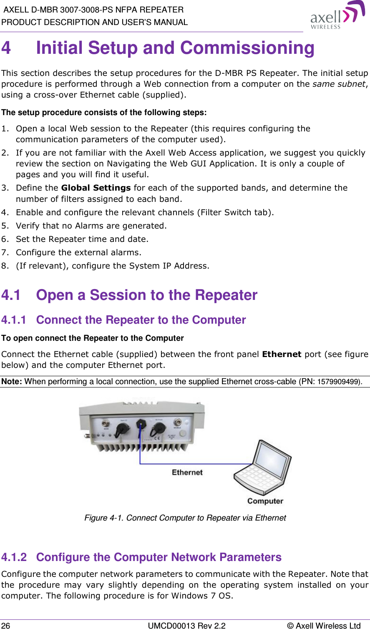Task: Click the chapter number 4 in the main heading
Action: (6, 48)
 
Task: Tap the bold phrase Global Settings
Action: (96, 188)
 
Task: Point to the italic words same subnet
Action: (339, 84)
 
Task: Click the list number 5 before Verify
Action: (5, 226)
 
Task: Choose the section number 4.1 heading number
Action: (11, 295)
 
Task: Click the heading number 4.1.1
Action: (14, 320)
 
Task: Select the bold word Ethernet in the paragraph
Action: (281, 354)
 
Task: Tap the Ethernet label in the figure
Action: (187, 473)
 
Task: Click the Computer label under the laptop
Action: (265, 501)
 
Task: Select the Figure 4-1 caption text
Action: (185, 518)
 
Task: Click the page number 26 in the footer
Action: (6, 625)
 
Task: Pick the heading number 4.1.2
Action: (14, 557)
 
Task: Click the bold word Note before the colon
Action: (11, 382)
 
